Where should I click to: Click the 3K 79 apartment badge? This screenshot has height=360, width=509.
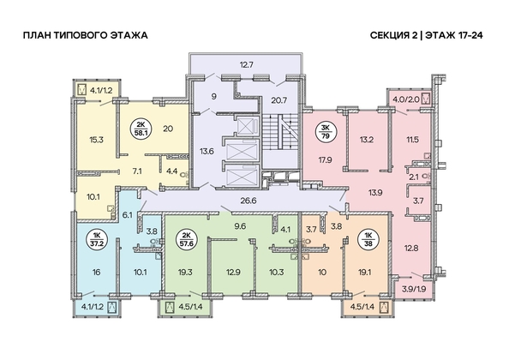tap(325, 132)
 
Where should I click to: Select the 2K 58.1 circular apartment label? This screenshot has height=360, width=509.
tap(141, 129)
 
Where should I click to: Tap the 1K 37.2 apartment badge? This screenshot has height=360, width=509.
tap(95, 239)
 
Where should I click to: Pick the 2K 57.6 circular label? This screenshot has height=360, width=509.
tap(186, 239)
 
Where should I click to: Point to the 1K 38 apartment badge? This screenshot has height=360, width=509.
tap(368, 239)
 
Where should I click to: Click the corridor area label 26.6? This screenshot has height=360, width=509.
tap(248, 201)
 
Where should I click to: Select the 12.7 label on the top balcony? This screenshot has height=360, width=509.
tap(247, 65)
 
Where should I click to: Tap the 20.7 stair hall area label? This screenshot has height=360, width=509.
tap(278, 100)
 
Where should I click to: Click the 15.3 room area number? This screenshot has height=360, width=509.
tap(96, 140)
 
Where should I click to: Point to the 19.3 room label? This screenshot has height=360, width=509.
tap(184, 272)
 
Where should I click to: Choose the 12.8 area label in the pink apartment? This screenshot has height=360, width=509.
tap(411, 249)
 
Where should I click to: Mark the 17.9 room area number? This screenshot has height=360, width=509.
tap(325, 159)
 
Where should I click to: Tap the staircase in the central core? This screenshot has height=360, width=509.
tap(280, 132)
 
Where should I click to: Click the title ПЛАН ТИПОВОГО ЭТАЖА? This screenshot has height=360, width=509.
tap(86, 35)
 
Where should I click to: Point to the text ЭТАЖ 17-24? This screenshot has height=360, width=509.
tap(453, 35)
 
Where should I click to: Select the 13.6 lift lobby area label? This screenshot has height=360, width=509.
tap(207, 151)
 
